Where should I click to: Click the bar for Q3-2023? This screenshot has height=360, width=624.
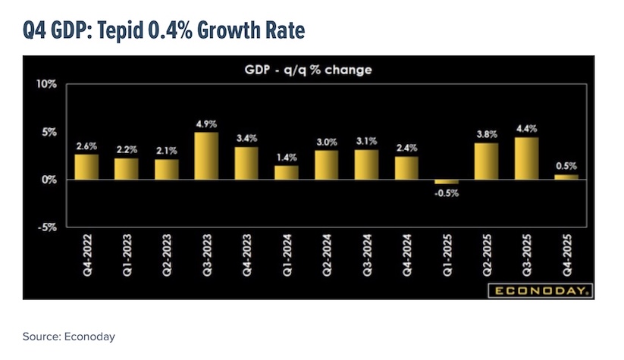(206, 156)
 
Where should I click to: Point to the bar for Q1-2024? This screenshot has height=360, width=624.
(287, 172)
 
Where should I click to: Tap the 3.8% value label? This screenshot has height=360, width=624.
(487, 135)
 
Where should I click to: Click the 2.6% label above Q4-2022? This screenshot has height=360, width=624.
(86, 146)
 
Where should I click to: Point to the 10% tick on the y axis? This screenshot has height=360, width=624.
(46, 83)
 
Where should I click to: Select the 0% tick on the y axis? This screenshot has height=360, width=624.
(49, 180)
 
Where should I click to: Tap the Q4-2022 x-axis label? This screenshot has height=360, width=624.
(86, 255)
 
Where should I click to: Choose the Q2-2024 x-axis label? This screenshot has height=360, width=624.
(327, 255)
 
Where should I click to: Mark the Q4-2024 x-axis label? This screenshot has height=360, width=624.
(407, 255)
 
